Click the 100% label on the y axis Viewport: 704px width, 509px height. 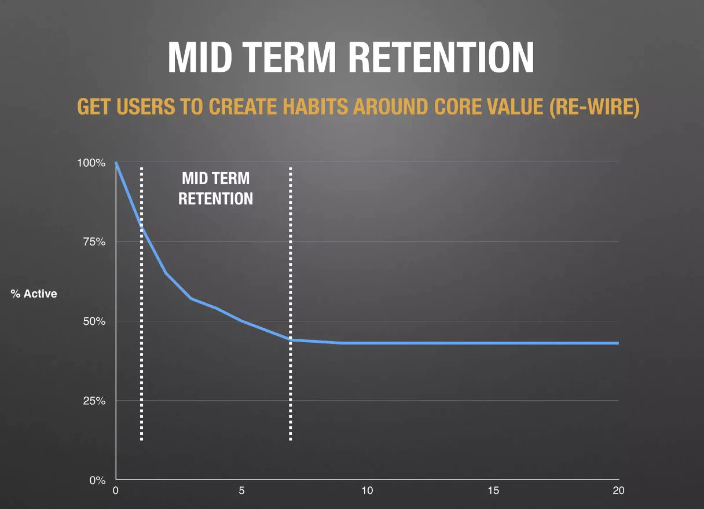[91, 163]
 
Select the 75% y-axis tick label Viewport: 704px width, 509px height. [94, 242]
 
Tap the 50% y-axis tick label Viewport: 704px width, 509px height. [94, 321]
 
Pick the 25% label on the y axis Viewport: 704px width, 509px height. [94, 401]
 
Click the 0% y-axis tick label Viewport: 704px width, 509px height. [97, 480]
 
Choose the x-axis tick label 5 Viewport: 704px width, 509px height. [242, 491]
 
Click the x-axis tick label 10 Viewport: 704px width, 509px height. [367, 491]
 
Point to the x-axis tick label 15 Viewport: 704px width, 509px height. [493, 491]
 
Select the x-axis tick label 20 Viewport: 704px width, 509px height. [618, 491]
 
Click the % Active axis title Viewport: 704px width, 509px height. [34, 294]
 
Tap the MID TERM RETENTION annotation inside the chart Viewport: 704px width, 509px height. [215, 188]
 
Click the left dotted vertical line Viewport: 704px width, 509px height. [141, 347]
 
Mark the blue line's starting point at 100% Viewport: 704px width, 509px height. [116, 163]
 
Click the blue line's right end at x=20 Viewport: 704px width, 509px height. [617, 343]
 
